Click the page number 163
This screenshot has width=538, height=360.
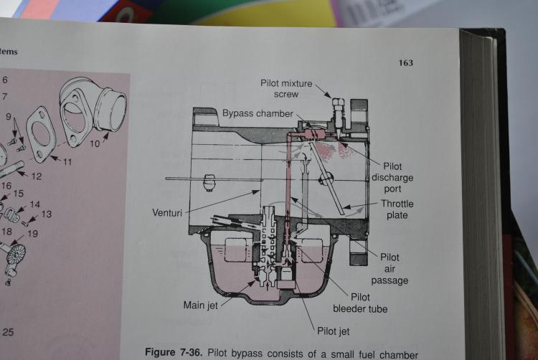[405, 63]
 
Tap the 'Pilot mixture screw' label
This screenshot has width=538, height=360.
[286, 89]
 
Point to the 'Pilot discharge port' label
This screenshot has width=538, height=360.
[392, 177]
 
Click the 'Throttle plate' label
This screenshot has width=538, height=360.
[397, 209]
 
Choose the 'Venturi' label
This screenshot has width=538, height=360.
[170, 212]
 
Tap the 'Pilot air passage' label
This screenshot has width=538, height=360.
[390, 269]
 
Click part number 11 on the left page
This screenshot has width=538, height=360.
[67, 161]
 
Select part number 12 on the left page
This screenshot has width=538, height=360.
[37, 176]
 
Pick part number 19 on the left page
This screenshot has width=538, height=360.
[32, 233]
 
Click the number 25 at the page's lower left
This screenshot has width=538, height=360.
[8, 332]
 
